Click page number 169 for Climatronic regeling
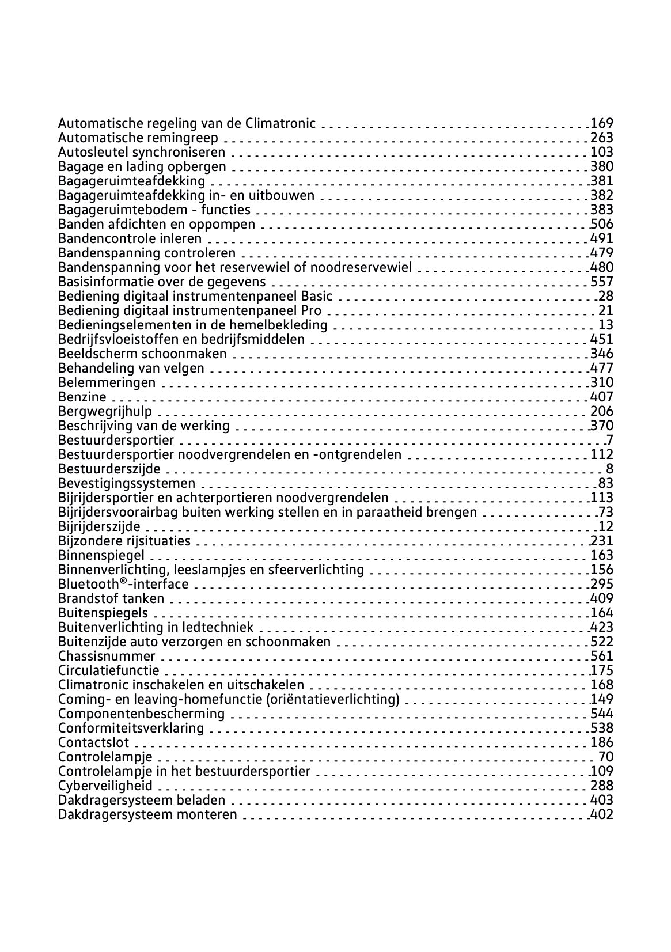tap(602, 123)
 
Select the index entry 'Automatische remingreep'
tap(138, 138)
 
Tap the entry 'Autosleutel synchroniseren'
tap(142, 152)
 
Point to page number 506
tap(602, 224)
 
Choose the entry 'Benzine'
tap(82, 397)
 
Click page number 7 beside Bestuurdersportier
tap(609, 440)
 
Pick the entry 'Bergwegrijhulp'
tap(105, 411)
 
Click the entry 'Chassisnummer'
tap(107, 656)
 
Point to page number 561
tap(602, 656)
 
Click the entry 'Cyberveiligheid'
tap(105, 786)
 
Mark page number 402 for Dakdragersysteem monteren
tap(602, 814)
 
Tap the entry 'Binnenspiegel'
tap(101, 555)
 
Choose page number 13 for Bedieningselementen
tap(606, 325)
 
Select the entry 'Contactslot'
tap(94, 742)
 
